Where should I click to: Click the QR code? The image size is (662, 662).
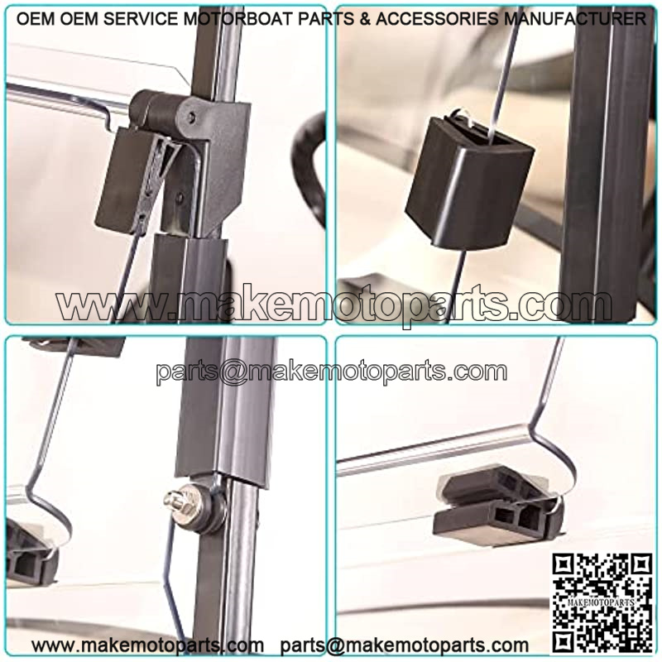click(x=603, y=603)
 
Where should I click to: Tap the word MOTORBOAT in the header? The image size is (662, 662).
click(x=240, y=18)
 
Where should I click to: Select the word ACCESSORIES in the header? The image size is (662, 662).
click(x=437, y=18)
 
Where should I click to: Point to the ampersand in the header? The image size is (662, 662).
click(x=365, y=18)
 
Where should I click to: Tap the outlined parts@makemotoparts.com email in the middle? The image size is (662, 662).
click(x=332, y=372)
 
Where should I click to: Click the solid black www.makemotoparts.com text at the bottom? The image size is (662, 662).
click(x=147, y=645)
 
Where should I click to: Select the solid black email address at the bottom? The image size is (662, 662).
click(x=405, y=646)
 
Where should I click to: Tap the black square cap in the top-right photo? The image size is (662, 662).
click(x=468, y=180)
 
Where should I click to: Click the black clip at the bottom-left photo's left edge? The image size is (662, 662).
click(x=30, y=553)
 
